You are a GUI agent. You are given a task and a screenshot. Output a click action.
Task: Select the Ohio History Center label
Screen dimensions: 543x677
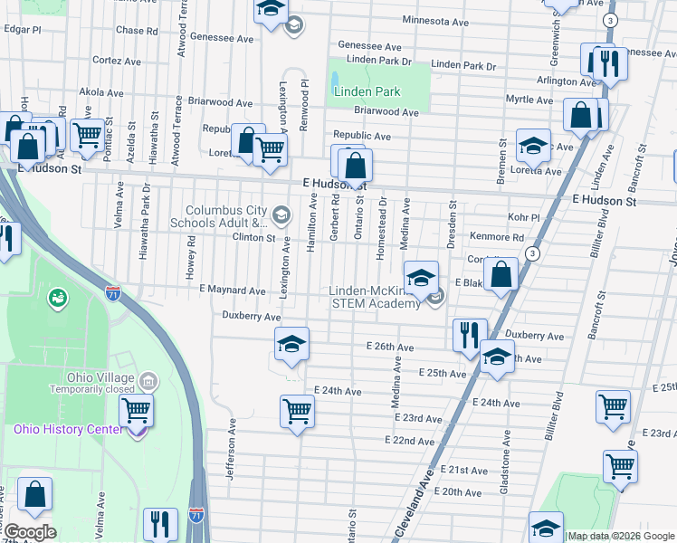click(67, 429)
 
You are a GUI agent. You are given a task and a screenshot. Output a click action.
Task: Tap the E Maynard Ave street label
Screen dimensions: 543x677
click(232, 291)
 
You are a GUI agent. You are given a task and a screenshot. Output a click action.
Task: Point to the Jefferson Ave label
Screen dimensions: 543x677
click(232, 449)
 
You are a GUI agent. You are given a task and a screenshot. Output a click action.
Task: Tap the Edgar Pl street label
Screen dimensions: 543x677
click(23, 29)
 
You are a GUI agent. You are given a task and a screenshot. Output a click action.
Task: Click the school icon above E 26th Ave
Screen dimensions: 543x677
click(291, 344)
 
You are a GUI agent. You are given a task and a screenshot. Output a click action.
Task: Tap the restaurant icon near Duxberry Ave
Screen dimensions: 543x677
click(470, 334)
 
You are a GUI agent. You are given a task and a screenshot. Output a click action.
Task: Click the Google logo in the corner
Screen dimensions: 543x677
click(29, 532)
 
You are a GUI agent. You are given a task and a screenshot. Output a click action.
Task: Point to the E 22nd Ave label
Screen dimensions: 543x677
click(409, 440)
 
